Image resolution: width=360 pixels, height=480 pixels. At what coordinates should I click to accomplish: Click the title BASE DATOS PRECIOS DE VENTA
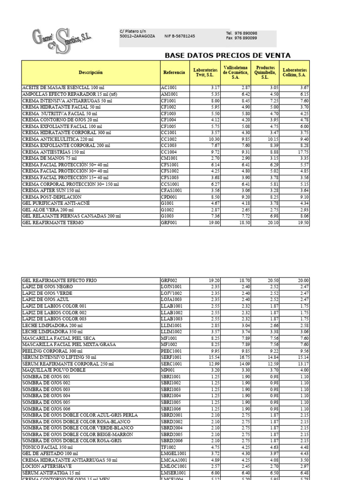(x=228, y=55)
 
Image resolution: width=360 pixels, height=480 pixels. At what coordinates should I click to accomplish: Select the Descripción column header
(x=90, y=73)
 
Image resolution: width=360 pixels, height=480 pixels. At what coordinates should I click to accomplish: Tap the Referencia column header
(x=174, y=73)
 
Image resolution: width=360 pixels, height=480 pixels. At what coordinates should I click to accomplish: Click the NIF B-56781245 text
(x=180, y=36)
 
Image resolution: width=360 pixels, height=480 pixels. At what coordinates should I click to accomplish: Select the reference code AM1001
(x=169, y=94)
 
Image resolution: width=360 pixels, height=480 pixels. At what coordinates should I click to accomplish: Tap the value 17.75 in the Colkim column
(x=302, y=152)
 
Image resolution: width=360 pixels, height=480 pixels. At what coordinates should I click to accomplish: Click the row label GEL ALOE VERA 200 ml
(x=48, y=210)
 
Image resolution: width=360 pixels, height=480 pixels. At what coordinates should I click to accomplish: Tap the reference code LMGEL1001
(x=173, y=453)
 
